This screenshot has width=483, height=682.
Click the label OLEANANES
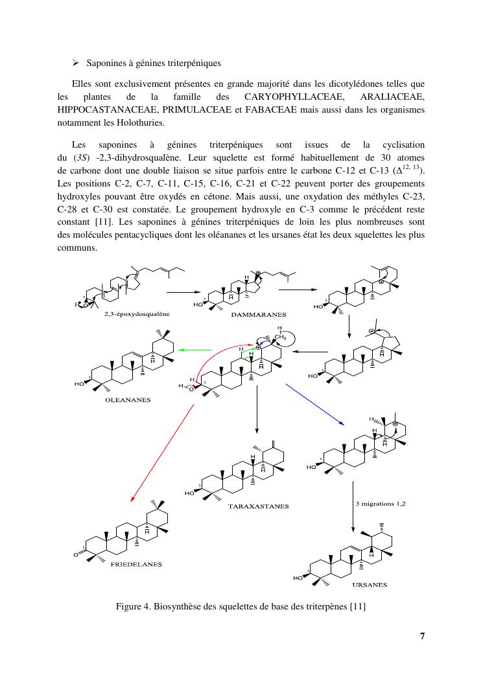click(x=128, y=400)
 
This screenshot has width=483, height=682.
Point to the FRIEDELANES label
click(x=136, y=564)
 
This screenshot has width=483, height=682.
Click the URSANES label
click(x=370, y=585)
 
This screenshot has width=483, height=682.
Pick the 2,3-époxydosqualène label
click(x=136, y=313)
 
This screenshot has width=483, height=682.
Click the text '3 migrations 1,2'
click(x=381, y=503)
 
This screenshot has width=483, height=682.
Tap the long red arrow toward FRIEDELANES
click(x=162, y=453)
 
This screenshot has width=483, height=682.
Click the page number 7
click(x=423, y=635)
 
